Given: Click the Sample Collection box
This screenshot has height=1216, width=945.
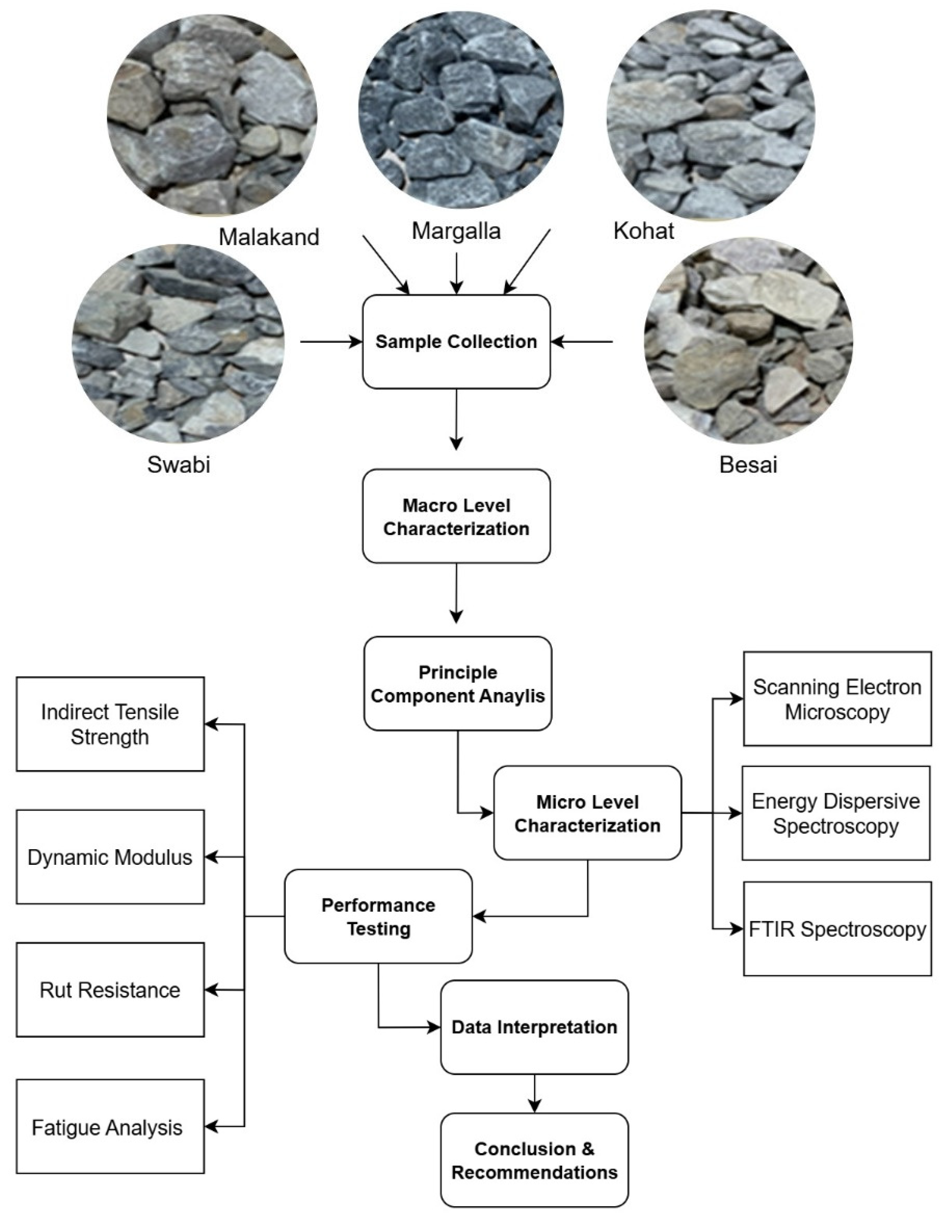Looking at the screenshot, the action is (x=456, y=341).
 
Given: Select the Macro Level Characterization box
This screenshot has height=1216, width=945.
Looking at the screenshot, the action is (x=456, y=516).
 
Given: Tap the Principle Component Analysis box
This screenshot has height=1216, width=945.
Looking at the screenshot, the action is (x=458, y=683).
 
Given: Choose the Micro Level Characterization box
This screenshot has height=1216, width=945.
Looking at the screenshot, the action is (x=588, y=813).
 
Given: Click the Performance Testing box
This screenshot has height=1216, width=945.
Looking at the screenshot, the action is (x=379, y=916).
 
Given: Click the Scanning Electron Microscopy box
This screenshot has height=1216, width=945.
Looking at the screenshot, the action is (x=837, y=699).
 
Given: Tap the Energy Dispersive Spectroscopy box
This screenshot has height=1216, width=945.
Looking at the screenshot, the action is (x=836, y=813).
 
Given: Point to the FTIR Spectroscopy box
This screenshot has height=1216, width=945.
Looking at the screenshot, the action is (x=837, y=929).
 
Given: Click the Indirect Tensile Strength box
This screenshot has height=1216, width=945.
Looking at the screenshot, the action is (x=110, y=724).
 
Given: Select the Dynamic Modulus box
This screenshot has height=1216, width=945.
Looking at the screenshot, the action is (x=110, y=857).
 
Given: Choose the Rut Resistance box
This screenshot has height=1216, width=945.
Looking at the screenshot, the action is (x=110, y=990).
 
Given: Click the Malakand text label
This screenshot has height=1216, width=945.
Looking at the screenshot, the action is (x=269, y=237).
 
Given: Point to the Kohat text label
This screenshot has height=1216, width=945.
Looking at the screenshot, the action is (x=644, y=231).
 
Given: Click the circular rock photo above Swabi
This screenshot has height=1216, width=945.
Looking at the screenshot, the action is (x=178, y=344).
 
